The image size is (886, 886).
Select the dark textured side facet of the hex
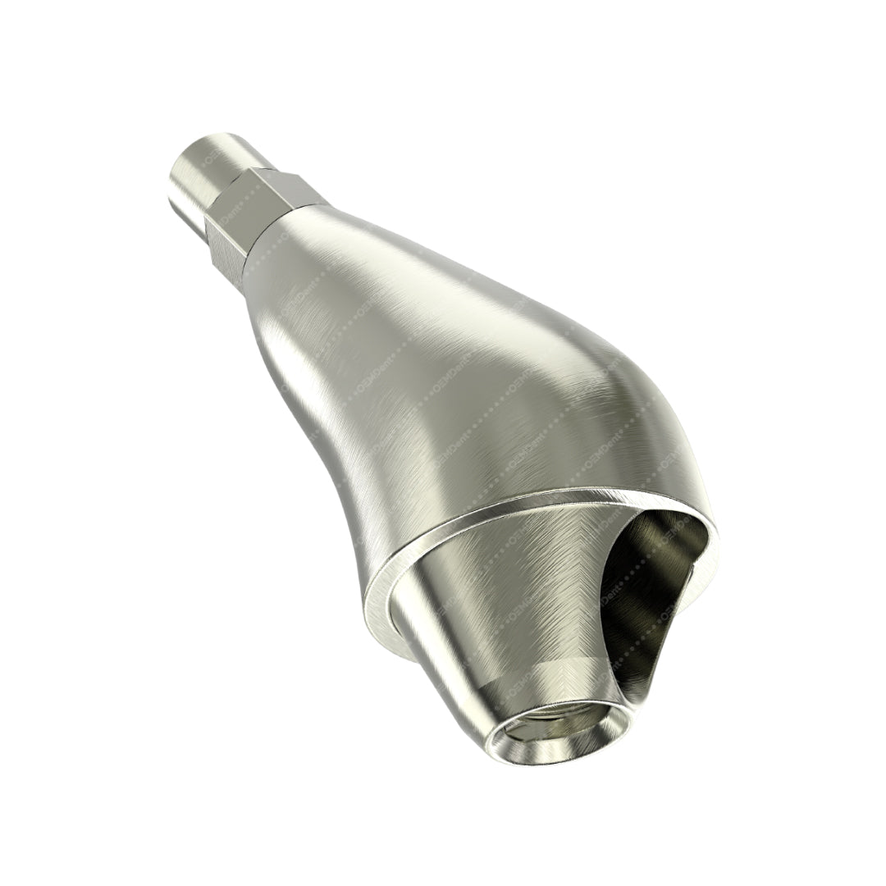coord(225,246)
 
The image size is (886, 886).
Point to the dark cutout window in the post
coord(648,591)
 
